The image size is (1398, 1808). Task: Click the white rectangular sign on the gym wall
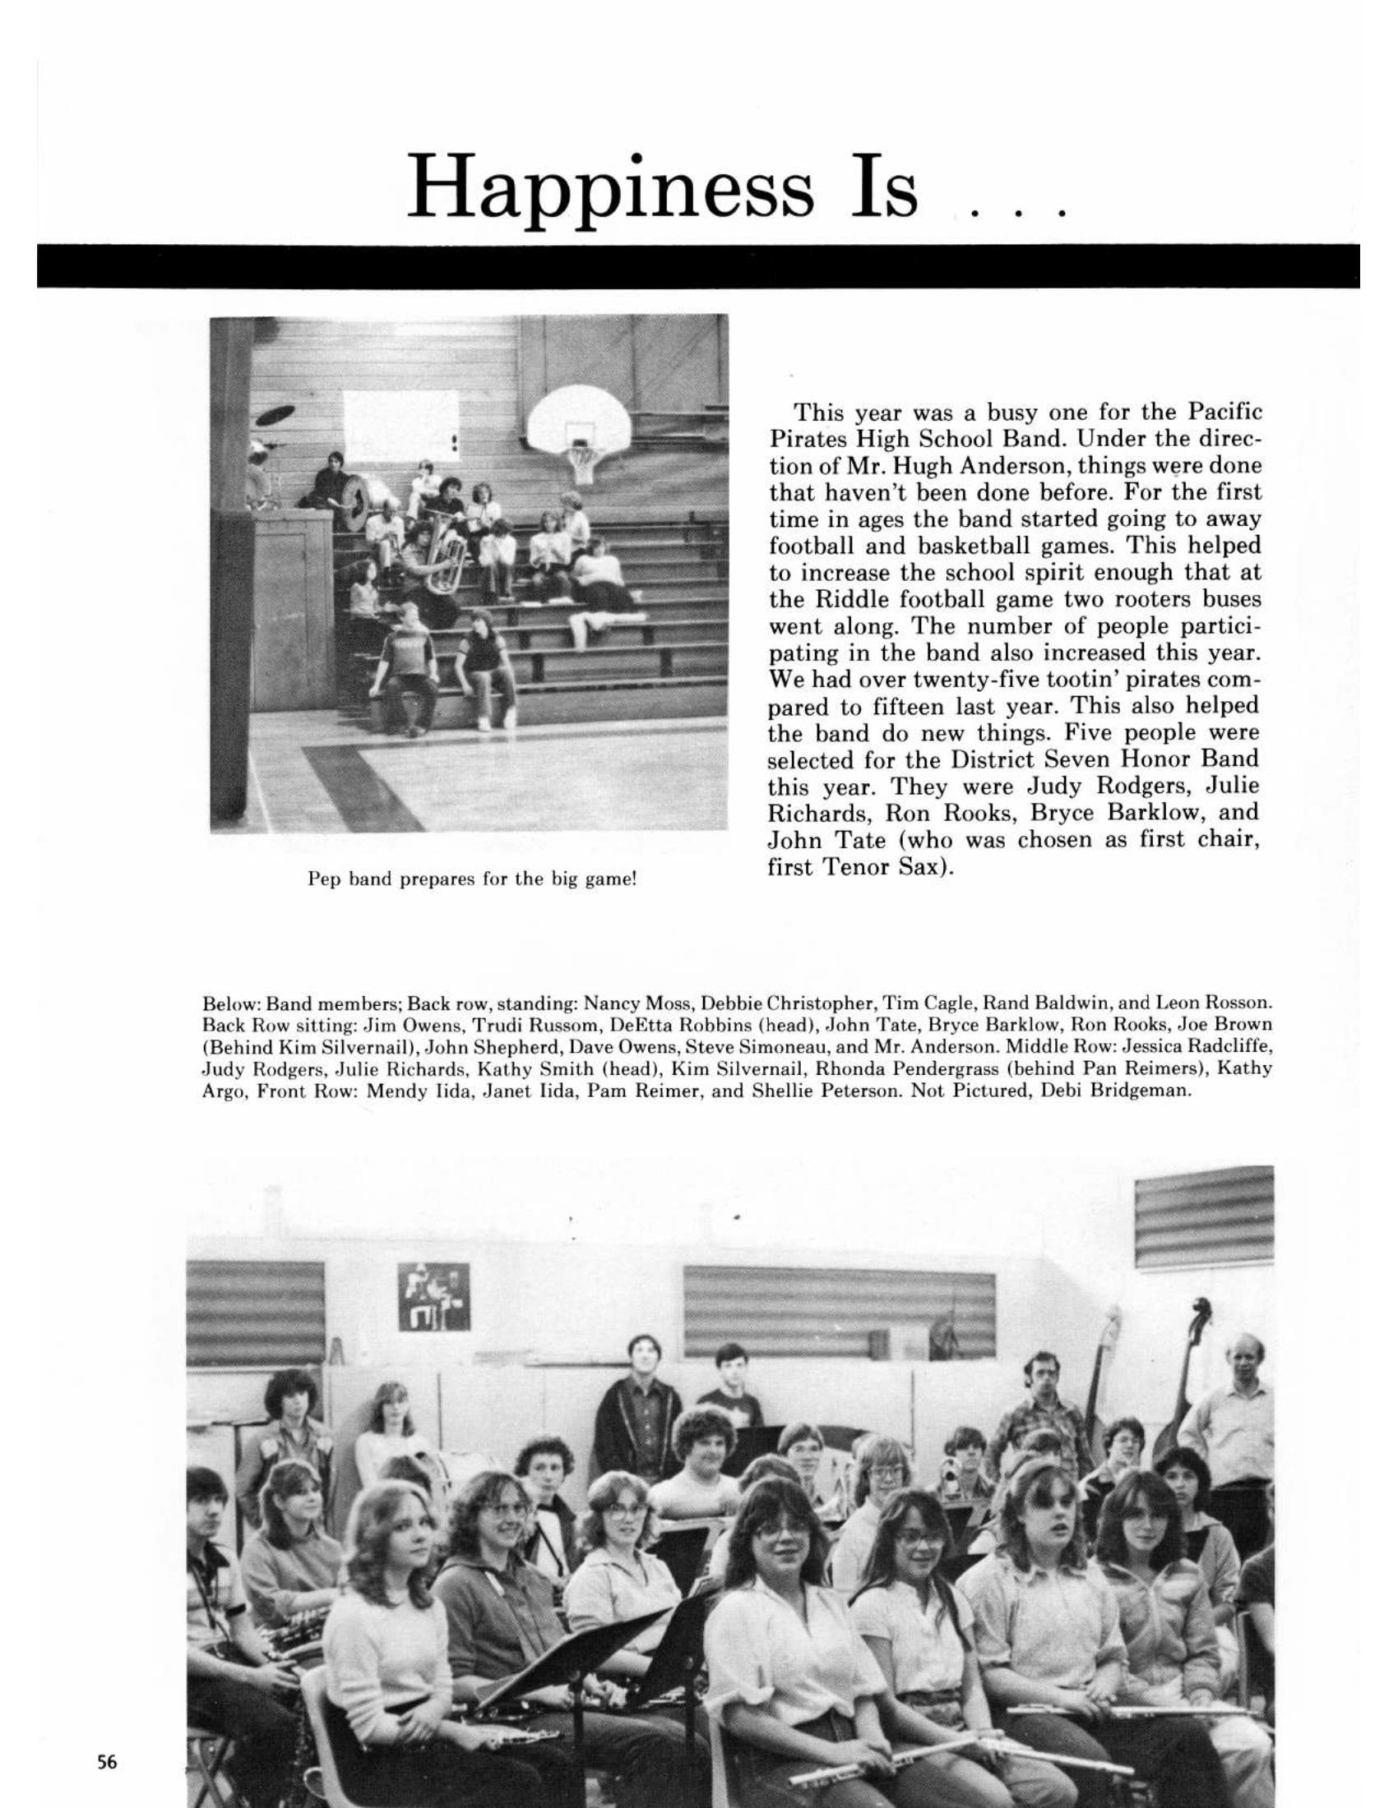(x=400, y=425)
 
